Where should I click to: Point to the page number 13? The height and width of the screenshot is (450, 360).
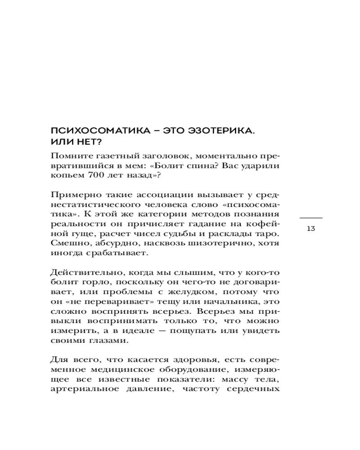point(310,228)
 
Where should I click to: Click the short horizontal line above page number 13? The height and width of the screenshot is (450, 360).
point(310,217)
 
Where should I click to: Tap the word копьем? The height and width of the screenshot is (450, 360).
point(67,176)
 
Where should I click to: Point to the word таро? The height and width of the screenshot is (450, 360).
point(266,234)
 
